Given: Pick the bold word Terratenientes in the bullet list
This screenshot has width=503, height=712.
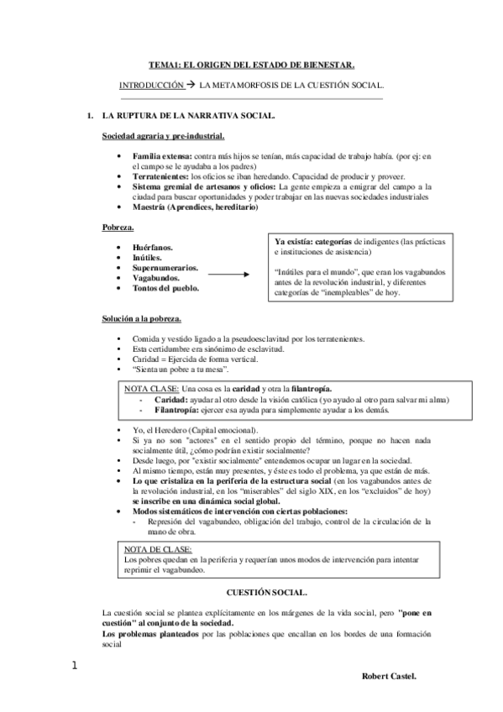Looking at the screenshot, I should coord(161,176).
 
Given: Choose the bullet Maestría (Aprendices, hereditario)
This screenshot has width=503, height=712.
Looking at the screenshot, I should coord(195,207).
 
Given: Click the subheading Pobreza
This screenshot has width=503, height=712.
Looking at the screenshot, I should coord(118,228).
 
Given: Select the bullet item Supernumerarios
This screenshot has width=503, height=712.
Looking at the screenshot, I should coord(165,269).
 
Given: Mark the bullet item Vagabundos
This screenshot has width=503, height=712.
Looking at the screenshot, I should coord(156,278).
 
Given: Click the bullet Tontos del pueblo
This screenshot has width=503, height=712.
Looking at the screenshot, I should coord(165,288).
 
